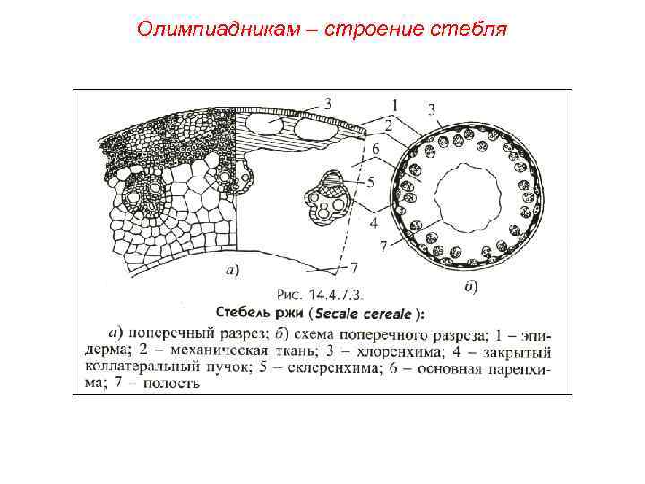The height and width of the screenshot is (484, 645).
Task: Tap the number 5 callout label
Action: (x=370, y=181)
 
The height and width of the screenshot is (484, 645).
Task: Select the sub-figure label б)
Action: (x=470, y=287)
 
